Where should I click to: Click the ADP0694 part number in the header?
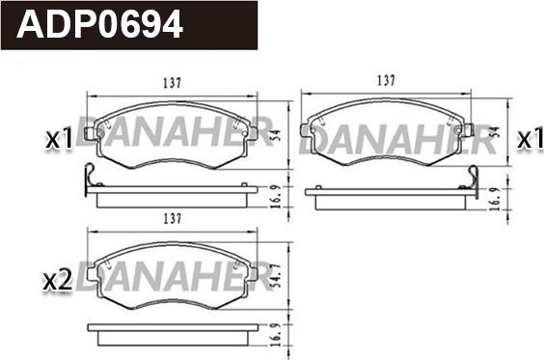pos(99,23)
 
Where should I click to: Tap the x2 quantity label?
pos(58,281)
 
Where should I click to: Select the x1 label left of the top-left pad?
pos(60,139)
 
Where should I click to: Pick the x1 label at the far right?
pos(530,140)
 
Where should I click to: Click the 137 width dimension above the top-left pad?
pos(173,83)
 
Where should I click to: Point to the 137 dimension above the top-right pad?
pos(386,80)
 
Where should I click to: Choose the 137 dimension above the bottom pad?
pos(173,219)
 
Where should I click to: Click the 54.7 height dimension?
pos(277,277)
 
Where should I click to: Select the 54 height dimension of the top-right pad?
pos(496,132)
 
